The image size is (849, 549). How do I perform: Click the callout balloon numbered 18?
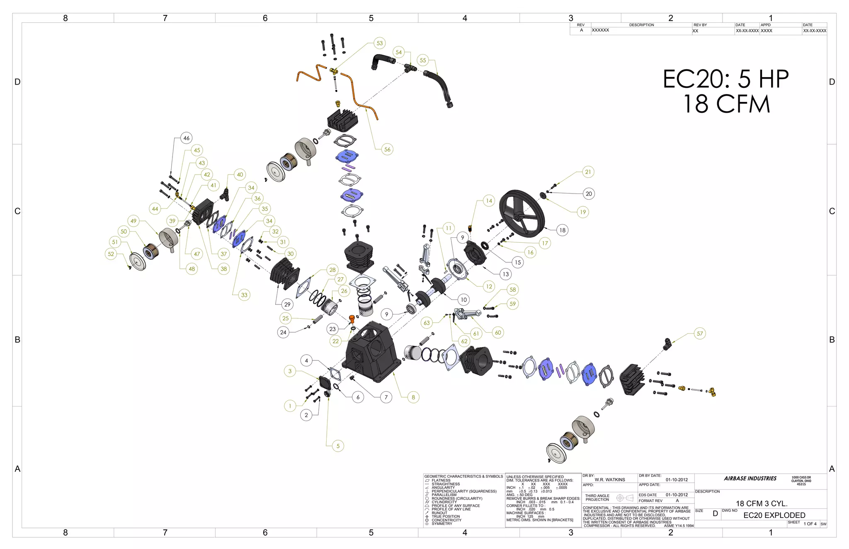coord(562,230)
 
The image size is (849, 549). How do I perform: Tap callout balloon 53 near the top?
coord(379,43)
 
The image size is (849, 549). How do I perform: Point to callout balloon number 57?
coord(700,334)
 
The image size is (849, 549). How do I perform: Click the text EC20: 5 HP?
coord(725,79)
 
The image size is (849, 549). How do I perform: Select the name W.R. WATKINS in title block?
coord(609,479)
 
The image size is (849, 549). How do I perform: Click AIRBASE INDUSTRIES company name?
coord(750,478)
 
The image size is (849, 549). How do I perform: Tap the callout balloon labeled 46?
coord(186,138)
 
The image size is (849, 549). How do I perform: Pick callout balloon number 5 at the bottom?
coord(338,446)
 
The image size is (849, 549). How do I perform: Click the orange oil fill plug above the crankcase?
coord(352,319)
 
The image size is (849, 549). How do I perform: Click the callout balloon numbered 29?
coord(287,304)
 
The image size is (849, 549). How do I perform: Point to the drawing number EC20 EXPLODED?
coord(774,515)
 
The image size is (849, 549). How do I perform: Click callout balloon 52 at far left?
coord(111,254)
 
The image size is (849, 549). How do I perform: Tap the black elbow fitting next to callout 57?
coord(667,343)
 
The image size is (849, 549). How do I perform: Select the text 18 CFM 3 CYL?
coord(761,503)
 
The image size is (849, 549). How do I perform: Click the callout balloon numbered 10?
coord(463,300)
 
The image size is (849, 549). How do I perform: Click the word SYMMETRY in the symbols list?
coord(442,524)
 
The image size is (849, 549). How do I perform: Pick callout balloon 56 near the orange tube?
coord(387,149)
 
